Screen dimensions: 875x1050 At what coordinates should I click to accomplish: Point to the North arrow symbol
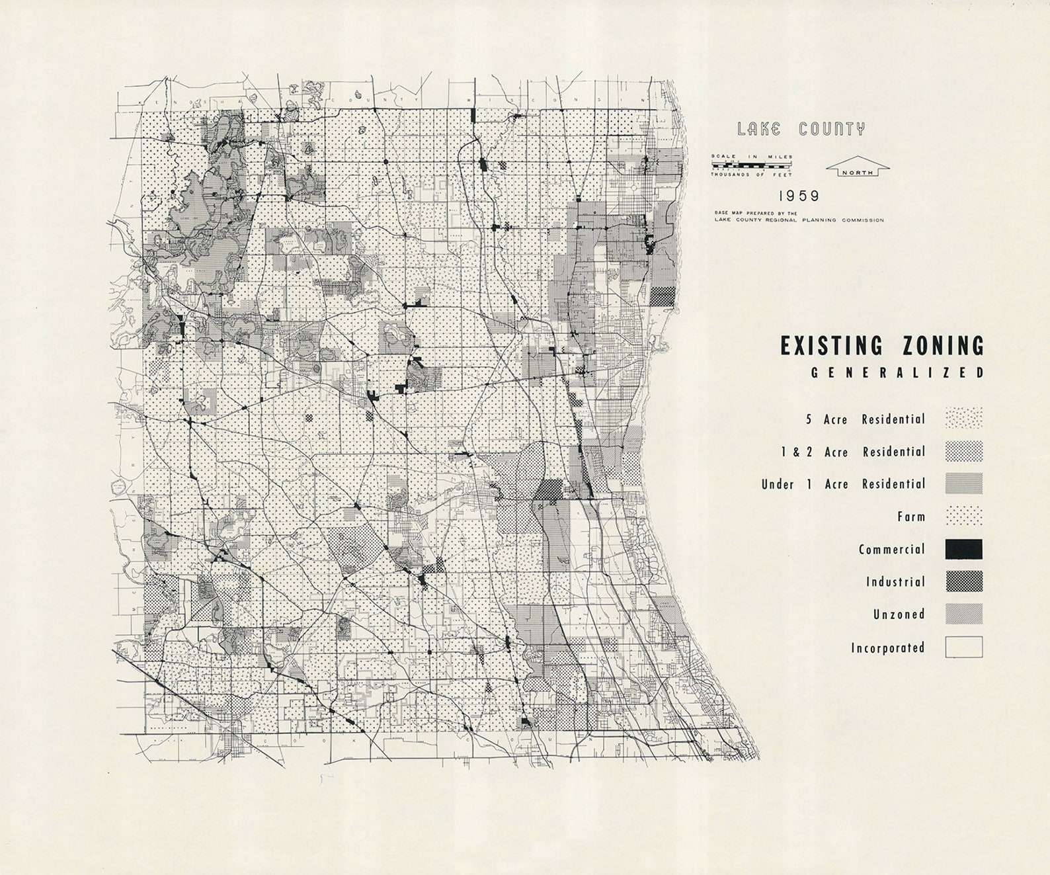point(858,169)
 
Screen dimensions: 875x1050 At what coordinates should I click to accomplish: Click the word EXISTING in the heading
point(831,346)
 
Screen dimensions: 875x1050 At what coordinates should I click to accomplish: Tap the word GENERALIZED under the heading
point(897,373)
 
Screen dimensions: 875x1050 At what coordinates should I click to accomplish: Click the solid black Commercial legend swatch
point(963,549)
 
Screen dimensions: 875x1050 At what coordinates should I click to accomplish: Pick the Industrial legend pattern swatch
point(963,581)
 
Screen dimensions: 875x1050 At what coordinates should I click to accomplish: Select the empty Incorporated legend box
point(963,647)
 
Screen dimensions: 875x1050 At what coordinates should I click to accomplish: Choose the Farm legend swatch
point(963,517)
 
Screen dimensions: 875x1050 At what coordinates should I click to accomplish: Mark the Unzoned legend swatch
point(963,614)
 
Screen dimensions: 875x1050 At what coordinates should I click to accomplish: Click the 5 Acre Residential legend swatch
point(963,419)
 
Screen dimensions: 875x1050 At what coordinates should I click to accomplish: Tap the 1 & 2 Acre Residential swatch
point(963,452)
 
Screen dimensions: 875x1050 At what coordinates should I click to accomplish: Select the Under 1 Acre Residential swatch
point(963,483)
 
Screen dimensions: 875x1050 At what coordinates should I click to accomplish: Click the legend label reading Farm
point(911,517)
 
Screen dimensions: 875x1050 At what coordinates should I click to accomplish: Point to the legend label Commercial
point(892,549)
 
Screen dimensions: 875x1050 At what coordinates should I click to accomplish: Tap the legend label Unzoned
point(899,614)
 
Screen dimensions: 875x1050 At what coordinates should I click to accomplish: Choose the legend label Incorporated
point(888,647)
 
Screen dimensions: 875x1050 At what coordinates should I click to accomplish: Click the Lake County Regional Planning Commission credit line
point(798,220)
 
